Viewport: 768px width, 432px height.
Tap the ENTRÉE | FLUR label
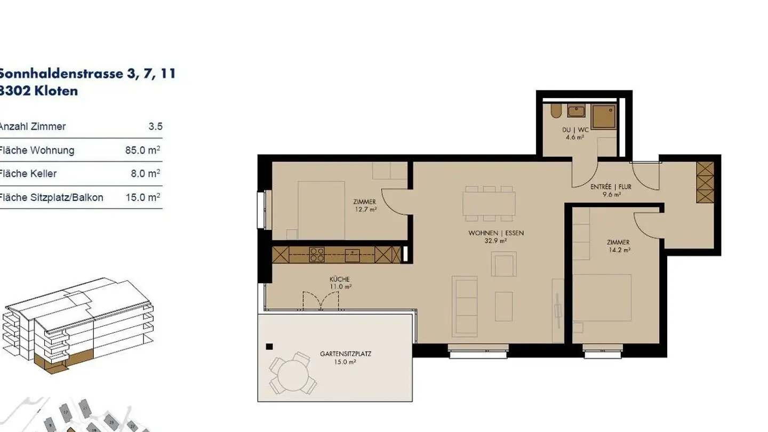(x=611, y=187)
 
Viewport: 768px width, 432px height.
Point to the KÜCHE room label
(x=339, y=279)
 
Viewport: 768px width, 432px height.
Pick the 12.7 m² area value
(x=365, y=210)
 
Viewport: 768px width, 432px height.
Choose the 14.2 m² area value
(x=618, y=250)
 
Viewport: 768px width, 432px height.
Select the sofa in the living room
(x=465, y=306)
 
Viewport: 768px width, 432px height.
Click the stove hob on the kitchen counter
(x=317, y=254)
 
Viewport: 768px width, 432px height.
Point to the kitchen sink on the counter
(x=352, y=255)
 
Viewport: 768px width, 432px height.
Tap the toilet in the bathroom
(x=556, y=111)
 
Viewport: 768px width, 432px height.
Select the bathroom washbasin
(x=576, y=112)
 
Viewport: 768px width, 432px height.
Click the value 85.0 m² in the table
(x=142, y=150)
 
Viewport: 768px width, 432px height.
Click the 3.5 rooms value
(x=155, y=127)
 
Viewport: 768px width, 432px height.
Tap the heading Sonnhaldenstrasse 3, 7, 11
(x=87, y=74)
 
